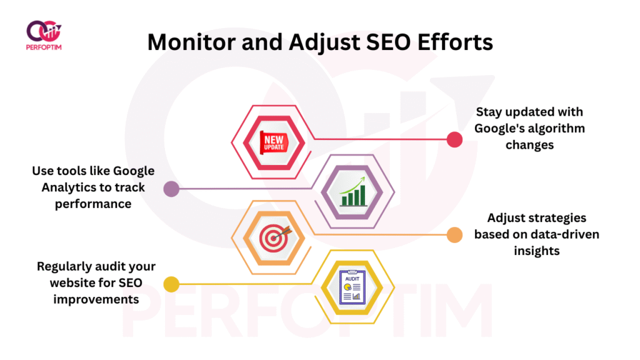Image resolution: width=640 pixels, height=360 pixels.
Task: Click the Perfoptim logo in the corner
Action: pyautogui.click(x=44, y=36)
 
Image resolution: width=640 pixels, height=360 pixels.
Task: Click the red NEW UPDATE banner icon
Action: pyautogui.click(x=274, y=142)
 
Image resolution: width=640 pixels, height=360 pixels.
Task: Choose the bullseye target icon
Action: pyautogui.click(x=275, y=238)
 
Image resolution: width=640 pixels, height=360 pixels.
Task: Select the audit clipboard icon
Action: pyautogui.click(x=352, y=287)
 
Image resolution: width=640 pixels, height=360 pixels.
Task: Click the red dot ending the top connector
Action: pyautogui.click(x=454, y=139)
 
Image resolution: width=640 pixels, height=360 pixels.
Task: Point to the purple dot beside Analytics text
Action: pyautogui.click(x=171, y=189)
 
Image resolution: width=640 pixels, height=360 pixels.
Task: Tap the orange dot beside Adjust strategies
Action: pyautogui.click(x=454, y=235)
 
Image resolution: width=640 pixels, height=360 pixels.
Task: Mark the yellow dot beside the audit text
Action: pyautogui.click(x=171, y=284)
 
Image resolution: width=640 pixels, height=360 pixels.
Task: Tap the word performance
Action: pyautogui.click(x=93, y=204)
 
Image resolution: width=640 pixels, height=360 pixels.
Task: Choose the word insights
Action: pyautogui.click(x=537, y=251)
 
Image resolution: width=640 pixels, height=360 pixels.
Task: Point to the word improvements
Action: pyautogui.click(x=96, y=299)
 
